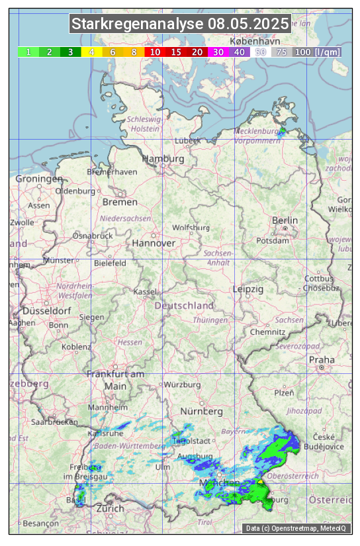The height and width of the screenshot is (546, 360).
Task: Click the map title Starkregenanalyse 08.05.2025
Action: [180, 24]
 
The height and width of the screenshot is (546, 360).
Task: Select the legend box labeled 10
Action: [155, 52]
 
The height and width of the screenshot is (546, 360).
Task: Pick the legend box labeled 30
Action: [218, 52]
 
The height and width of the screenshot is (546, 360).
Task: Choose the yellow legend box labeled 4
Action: [91, 52]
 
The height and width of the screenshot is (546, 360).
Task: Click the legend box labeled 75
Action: [281, 52]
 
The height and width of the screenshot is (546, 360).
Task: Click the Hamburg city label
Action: [163, 159]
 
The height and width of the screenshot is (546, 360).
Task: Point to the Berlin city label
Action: [285, 220]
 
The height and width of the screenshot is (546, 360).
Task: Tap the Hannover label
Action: [154, 244]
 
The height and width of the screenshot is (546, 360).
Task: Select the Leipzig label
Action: [248, 289]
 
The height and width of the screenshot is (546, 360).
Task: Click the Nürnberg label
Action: [202, 412]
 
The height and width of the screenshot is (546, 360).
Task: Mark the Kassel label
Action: [145, 292]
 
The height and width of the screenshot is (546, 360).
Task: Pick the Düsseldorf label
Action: [46, 311]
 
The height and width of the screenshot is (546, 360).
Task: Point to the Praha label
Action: [322, 360]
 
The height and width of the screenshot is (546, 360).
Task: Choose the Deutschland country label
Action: [184, 306]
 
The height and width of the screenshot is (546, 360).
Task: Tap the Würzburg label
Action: [182, 385]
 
